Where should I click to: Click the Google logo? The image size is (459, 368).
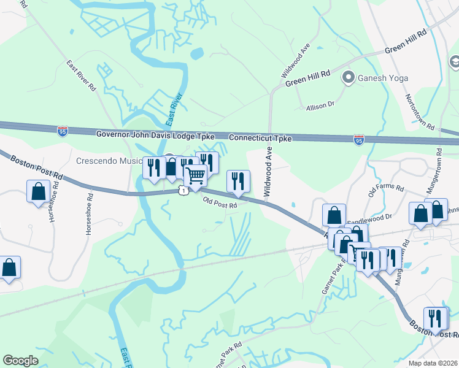(x=20, y=360)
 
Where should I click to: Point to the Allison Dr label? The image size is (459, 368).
(x=320, y=106)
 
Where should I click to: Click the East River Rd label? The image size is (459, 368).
(x=82, y=76)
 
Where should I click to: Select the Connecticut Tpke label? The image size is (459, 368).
(x=260, y=139)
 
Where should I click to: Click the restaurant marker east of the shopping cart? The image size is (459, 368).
(x=238, y=181)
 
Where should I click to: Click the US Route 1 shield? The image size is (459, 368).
(x=183, y=192)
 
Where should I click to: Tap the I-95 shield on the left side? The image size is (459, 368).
(x=62, y=131)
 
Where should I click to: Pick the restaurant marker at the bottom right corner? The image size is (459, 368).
(x=436, y=318)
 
